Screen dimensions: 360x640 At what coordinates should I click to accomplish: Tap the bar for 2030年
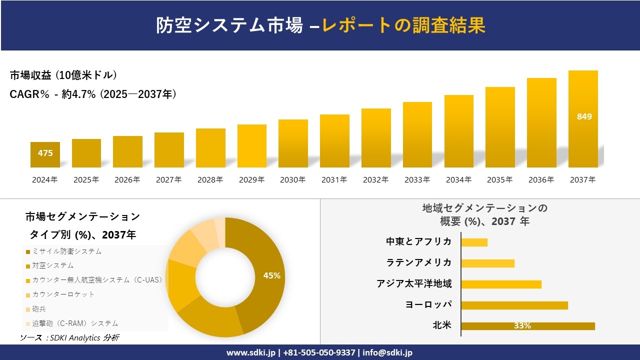(x=293, y=143)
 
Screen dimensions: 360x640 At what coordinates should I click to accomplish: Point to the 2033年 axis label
(x=417, y=180)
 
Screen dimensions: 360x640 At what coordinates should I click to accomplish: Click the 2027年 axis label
(x=168, y=180)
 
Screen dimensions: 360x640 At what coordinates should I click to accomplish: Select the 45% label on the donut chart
(x=271, y=275)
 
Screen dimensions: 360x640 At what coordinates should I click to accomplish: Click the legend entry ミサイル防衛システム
(x=66, y=251)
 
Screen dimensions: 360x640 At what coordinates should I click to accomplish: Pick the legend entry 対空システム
(x=52, y=265)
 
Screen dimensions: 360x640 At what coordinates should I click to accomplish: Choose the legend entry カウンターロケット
(x=62, y=294)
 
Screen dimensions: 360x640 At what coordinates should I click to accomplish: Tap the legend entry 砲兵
(x=38, y=309)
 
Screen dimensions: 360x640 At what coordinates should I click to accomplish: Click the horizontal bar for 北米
(x=527, y=326)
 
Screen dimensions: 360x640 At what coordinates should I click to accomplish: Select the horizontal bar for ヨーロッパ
(x=514, y=305)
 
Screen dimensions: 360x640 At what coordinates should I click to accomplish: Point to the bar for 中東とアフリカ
(x=474, y=242)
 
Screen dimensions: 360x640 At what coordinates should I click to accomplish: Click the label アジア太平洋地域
(x=414, y=284)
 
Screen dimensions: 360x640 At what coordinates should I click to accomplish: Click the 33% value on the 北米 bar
(x=522, y=326)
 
